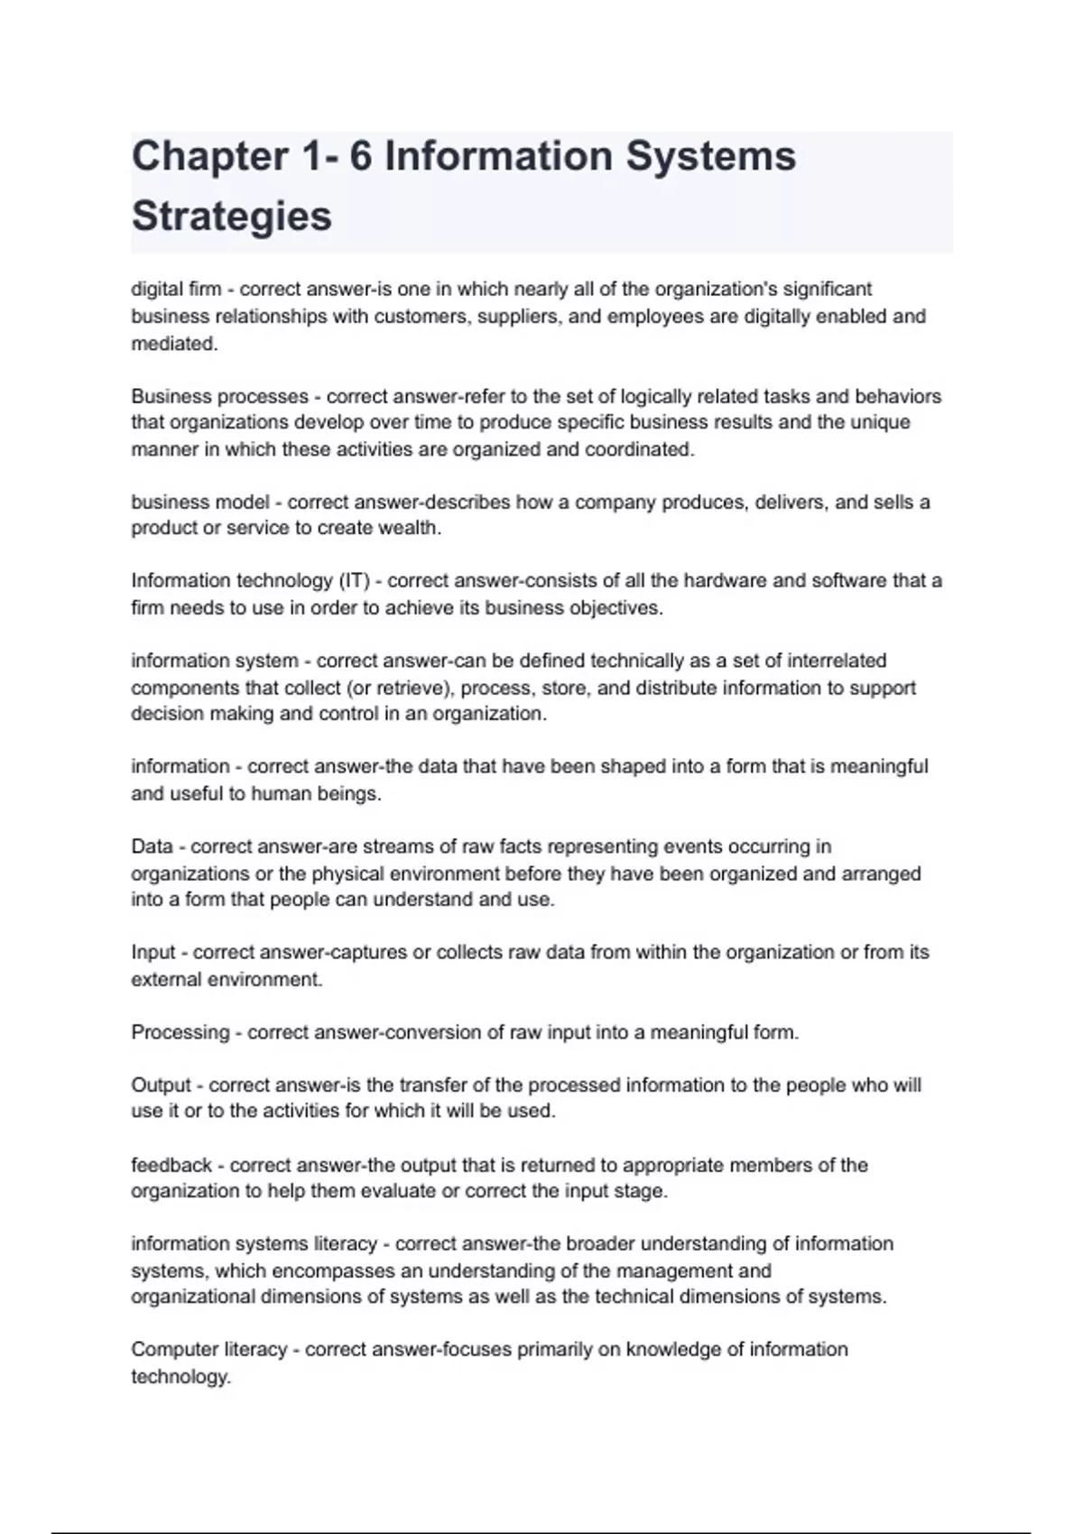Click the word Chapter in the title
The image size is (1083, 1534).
pos(210,157)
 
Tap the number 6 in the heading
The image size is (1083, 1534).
pos(360,157)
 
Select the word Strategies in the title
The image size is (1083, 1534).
pos(232,217)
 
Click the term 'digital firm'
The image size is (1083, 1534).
pos(176,290)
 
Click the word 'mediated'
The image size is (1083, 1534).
pos(173,344)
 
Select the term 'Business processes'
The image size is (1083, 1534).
pos(219,397)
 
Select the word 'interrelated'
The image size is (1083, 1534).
pos(831,661)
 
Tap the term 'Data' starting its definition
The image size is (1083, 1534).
pos(152,847)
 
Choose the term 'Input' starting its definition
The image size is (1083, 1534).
pos(153,953)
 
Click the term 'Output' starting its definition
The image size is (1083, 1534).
pos(162,1086)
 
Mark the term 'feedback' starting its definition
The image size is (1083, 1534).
pos(171,1166)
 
